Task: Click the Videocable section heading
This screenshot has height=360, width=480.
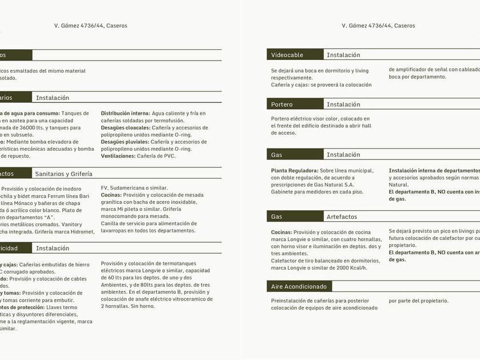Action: [287, 55]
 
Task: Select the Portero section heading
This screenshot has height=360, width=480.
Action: [282, 105]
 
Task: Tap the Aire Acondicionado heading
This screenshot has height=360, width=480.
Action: [299, 286]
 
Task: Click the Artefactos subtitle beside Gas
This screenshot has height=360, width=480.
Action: [342, 217]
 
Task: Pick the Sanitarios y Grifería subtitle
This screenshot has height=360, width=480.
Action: [63, 174]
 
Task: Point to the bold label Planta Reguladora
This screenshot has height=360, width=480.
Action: [294, 170]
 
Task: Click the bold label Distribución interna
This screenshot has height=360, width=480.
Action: [125, 113]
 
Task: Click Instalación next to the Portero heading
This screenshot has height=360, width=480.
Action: [343, 105]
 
